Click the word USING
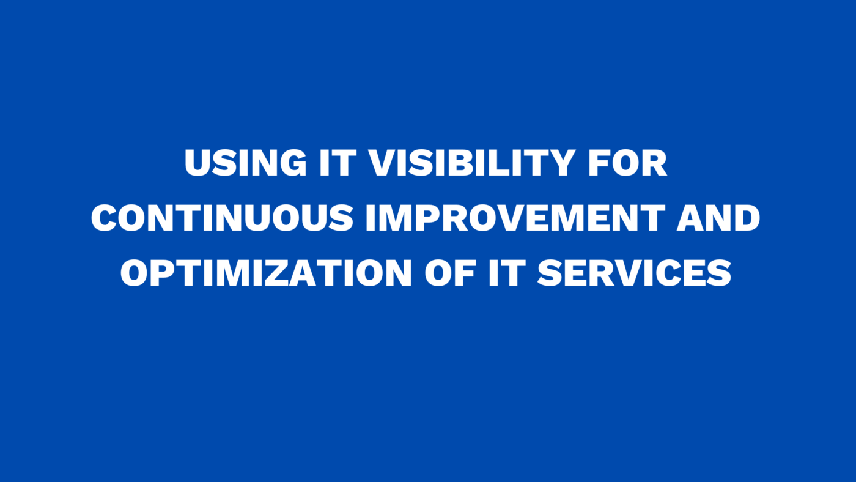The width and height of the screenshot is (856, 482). (x=245, y=163)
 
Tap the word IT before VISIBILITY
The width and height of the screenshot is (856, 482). (x=338, y=163)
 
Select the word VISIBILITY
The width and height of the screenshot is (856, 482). (x=472, y=163)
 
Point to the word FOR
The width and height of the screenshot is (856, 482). (x=628, y=163)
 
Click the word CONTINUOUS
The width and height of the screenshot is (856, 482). (x=222, y=218)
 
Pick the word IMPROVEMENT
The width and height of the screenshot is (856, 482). (x=515, y=218)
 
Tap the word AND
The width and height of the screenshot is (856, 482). (x=718, y=218)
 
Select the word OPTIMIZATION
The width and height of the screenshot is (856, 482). (x=266, y=273)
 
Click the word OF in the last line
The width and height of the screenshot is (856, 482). (x=451, y=273)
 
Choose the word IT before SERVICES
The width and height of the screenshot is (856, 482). (x=507, y=273)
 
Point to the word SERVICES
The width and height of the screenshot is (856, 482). (x=634, y=273)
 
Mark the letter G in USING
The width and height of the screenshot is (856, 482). (x=293, y=163)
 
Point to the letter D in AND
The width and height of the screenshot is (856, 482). (x=747, y=218)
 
